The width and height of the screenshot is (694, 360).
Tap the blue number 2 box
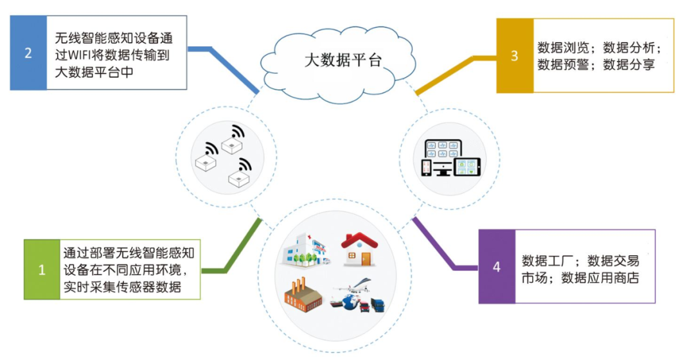click(x=28, y=53)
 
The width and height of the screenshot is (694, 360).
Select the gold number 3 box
click(x=515, y=56)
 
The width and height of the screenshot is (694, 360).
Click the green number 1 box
click(x=42, y=269)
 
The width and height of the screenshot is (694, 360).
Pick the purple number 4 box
click(x=497, y=266)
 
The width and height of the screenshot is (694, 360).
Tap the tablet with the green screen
click(x=468, y=166)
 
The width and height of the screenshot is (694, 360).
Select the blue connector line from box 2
click(x=225, y=64)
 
